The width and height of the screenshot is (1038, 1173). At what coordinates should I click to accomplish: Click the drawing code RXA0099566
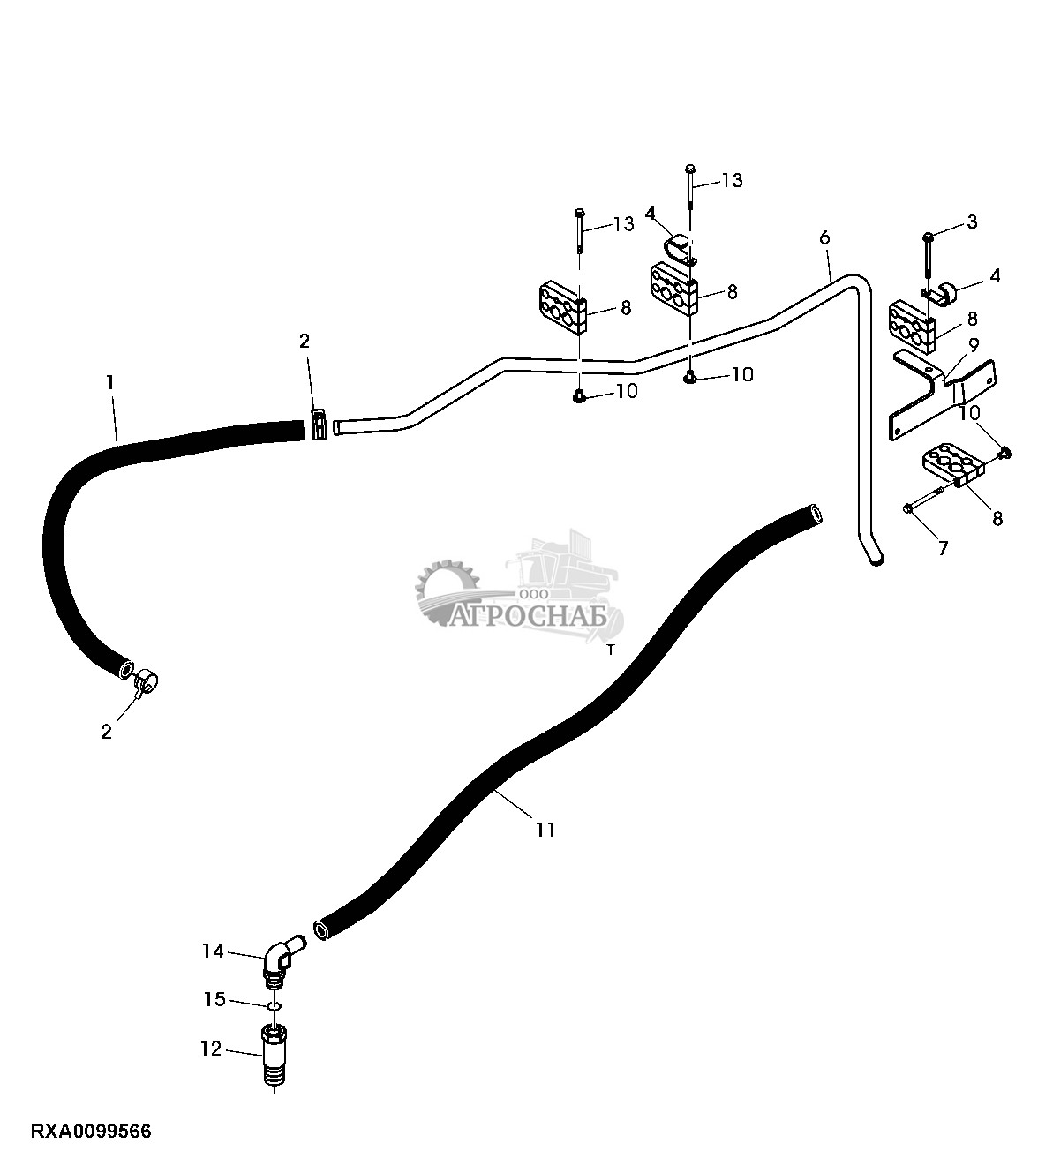(92, 1131)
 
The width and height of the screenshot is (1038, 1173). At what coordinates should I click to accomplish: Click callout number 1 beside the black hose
(109, 382)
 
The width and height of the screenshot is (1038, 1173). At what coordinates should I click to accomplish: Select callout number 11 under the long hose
(545, 830)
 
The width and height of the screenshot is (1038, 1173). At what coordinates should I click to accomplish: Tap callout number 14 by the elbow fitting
(213, 951)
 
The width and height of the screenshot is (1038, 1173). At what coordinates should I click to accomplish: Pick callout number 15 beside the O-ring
(215, 999)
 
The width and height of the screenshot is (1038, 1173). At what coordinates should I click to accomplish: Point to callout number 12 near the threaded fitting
(212, 1049)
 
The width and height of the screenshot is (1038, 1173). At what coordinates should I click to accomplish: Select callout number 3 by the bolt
(972, 222)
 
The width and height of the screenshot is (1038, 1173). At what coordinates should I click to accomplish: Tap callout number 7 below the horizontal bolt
(943, 548)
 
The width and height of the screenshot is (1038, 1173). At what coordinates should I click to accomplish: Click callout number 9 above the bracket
(974, 342)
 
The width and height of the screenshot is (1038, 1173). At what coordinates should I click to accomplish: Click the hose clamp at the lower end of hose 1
(146, 680)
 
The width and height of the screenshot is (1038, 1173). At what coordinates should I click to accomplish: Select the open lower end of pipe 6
(875, 559)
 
